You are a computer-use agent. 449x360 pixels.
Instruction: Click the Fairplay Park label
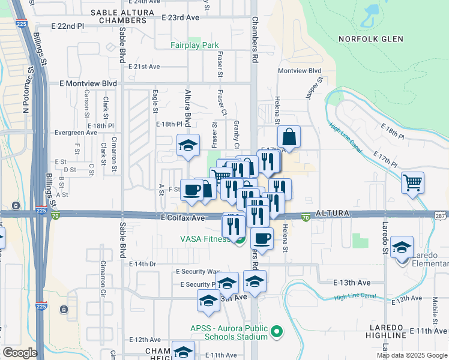click(194, 45)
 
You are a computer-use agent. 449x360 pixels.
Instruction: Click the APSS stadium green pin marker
click(277, 331)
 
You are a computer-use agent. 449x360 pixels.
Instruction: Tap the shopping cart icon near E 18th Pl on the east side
click(413, 182)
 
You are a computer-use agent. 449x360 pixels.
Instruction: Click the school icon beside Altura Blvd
click(188, 146)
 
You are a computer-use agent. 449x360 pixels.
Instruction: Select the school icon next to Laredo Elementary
click(402, 247)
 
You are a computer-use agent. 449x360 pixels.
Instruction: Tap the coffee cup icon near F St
click(192, 190)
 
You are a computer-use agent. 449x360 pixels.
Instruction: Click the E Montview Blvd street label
click(88, 83)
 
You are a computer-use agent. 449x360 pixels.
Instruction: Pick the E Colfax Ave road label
click(182, 217)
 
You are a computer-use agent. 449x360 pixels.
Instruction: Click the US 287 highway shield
click(441, 214)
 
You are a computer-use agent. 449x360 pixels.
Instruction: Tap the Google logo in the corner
click(20, 352)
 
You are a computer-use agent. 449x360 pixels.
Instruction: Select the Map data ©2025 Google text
click(412, 355)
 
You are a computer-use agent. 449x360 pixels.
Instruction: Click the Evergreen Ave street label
click(76, 133)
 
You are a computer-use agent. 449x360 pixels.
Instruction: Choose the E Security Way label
click(197, 272)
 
